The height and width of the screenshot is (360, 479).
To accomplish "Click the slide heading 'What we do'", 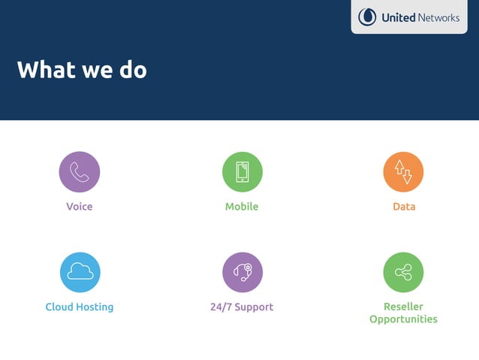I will click(82, 70).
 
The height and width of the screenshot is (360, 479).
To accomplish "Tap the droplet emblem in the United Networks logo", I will click(367, 17).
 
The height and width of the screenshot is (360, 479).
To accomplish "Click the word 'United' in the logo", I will click(398, 17).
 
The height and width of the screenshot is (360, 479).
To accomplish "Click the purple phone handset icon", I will click(80, 171).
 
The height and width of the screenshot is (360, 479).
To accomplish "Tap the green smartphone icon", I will click(242, 171).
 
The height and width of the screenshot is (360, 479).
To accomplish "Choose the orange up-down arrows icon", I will click(403, 171).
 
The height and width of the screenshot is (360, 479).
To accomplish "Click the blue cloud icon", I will click(80, 272).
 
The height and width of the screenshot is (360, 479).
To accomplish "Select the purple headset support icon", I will click(242, 272).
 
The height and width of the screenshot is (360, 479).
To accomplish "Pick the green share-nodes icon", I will click(403, 272).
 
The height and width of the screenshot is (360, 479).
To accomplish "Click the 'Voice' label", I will click(80, 207).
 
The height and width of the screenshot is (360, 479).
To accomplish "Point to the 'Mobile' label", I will click(242, 207).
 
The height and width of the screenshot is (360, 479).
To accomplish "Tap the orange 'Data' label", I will click(404, 207).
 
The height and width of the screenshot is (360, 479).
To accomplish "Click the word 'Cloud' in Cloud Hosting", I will click(59, 307).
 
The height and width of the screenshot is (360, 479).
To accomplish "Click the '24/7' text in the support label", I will click(221, 307).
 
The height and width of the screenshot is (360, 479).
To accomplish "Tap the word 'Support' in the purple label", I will click(255, 307).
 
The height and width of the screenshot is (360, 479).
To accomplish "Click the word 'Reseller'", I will click(403, 307).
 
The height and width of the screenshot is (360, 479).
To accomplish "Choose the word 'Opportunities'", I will click(403, 319).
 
